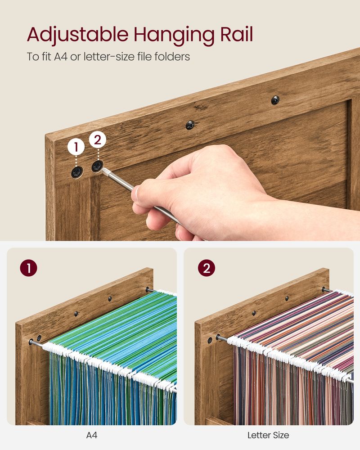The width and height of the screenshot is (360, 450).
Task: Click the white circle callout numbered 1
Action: click(x=76, y=147)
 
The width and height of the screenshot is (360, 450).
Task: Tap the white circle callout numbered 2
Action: click(x=98, y=140)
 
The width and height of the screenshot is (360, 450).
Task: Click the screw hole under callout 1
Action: click(x=77, y=171)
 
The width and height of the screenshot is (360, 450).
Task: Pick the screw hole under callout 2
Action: click(x=97, y=166)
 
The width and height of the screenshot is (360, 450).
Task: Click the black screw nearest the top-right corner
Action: click(x=275, y=100)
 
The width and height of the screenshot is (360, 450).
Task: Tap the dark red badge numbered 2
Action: click(x=206, y=268)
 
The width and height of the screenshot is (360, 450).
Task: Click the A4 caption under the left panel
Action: click(x=92, y=435)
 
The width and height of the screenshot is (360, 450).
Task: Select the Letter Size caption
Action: click(x=268, y=435)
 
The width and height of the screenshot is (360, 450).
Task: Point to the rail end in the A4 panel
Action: click(x=32, y=342)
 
